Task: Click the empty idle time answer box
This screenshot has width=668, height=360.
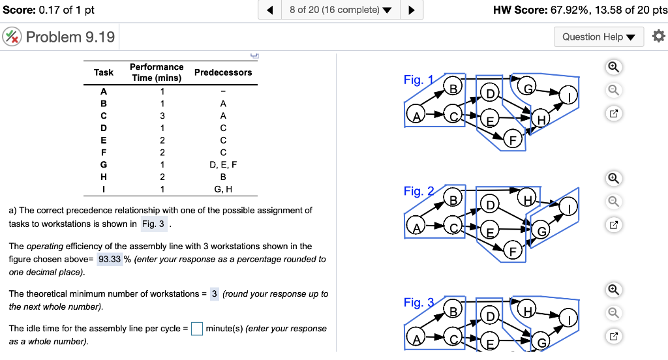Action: (197, 329)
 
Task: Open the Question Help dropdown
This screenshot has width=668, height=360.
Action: (598, 37)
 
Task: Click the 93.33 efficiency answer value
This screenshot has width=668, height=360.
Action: (109, 259)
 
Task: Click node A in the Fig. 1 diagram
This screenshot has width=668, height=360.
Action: (416, 116)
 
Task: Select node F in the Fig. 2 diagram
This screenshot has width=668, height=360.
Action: (513, 252)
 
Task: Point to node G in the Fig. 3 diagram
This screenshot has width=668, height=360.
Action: (541, 342)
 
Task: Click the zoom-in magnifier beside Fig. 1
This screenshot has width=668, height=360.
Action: (613, 67)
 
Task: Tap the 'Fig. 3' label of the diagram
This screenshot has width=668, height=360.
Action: (418, 303)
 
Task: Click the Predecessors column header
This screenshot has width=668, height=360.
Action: (223, 72)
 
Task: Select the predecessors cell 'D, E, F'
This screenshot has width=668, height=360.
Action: (223, 165)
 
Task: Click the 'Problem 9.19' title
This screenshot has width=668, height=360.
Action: (70, 37)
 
